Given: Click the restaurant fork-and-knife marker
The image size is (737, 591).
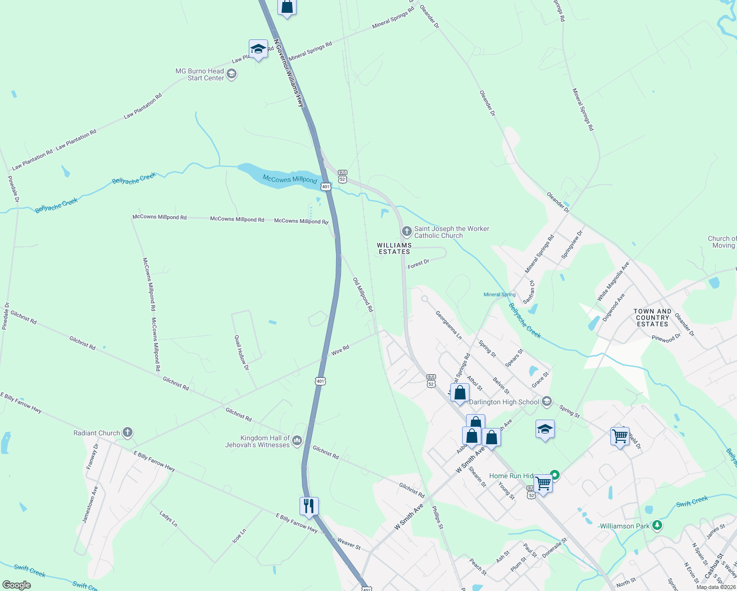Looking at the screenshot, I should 309,506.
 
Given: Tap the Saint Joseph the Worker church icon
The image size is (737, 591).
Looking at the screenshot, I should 406,231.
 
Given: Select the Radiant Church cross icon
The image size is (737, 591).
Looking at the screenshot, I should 128,433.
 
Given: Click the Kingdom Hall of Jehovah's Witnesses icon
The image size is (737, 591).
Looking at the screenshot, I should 297,440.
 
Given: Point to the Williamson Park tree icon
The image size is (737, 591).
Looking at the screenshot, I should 657,525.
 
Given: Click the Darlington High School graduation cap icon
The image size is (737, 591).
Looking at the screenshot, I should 546,401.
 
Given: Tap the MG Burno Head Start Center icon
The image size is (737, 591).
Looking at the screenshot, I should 232,74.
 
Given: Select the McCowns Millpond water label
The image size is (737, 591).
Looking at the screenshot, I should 290,179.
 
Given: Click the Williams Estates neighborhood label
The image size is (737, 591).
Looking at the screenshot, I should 394,248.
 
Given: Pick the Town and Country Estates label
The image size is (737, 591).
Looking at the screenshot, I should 652,318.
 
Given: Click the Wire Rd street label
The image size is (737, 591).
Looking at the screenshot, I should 340,350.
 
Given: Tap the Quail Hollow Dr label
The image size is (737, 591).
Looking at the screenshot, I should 241,353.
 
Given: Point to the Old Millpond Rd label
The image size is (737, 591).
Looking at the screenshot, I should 363,295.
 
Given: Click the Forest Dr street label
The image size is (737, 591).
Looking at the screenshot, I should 418,263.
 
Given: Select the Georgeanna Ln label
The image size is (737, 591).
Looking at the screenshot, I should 448,325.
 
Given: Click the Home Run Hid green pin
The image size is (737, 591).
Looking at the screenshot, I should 555,475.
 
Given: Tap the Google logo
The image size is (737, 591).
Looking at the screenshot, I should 17,585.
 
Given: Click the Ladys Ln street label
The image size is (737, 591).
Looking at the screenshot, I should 168,519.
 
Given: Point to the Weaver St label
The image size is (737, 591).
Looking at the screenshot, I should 349,544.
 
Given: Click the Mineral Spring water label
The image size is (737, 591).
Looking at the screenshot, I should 500,295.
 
